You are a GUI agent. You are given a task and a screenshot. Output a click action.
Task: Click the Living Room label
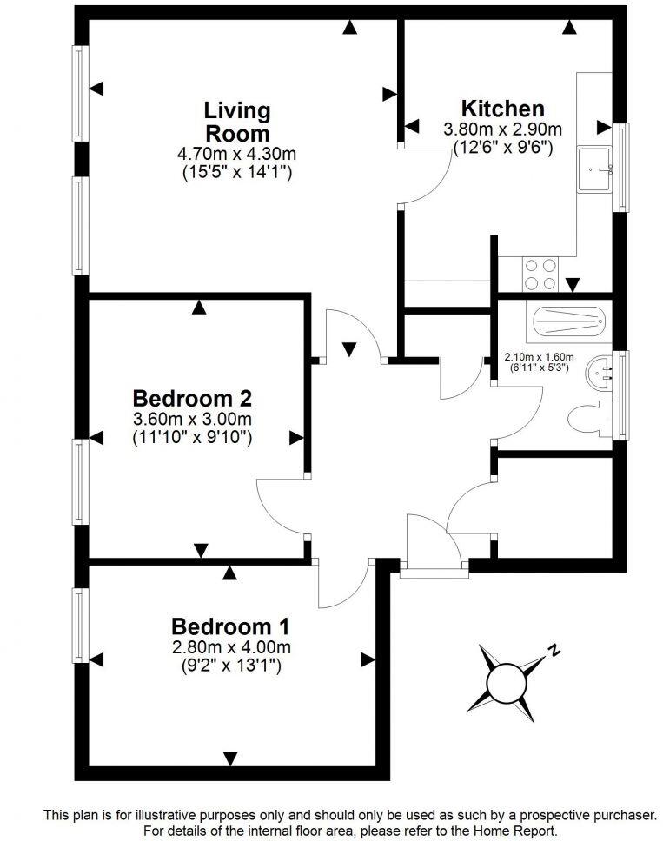237,123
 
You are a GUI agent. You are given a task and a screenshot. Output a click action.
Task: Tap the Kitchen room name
502,109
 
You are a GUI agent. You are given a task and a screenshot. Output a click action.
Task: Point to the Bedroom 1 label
230,626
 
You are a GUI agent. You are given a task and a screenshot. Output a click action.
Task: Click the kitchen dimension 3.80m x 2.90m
502,129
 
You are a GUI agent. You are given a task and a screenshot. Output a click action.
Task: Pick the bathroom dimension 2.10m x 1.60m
540,356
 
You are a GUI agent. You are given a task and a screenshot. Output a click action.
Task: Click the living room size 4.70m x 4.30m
237,154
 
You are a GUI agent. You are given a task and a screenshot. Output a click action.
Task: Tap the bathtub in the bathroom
567,322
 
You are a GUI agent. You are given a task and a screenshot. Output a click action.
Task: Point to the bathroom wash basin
599,373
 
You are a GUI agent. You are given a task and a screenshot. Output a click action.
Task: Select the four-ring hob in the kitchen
540,275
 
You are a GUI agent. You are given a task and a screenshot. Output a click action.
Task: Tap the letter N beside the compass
553,649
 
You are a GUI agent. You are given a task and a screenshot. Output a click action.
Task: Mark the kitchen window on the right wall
620,168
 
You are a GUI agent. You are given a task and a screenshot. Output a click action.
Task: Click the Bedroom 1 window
80,626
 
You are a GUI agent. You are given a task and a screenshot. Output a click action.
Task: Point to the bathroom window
620,394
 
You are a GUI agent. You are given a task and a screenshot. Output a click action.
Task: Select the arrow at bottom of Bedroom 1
230,758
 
